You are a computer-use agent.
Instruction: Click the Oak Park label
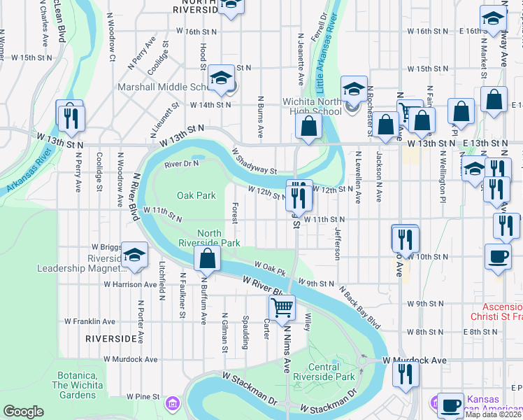[196, 195]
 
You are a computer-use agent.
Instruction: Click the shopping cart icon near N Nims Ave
[282, 307]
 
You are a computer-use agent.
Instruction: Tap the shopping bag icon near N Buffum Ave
[208, 258]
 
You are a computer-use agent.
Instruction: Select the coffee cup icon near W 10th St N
[497, 255]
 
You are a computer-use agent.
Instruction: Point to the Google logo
[23, 412]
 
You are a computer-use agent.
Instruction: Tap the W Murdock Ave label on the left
[131, 359]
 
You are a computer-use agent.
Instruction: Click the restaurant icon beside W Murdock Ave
[404, 374]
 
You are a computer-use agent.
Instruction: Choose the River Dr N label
[182, 164]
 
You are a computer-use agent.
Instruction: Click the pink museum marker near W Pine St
[172, 403]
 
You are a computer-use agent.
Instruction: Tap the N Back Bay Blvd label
[360, 307]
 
